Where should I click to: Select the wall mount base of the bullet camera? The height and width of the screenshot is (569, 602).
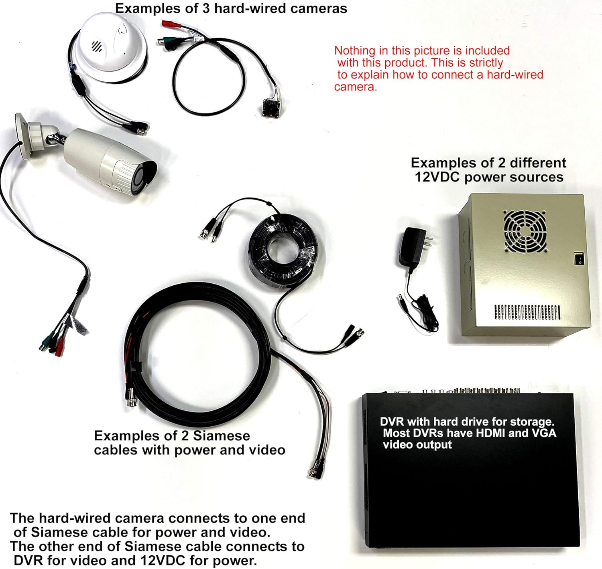coord(23,136)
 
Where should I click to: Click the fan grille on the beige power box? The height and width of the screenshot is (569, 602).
coord(525,231)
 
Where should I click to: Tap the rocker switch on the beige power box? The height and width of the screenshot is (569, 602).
coord(578,258)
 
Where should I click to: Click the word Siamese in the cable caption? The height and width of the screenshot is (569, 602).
coord(222,436)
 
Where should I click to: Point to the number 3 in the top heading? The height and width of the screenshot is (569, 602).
coord(206,8)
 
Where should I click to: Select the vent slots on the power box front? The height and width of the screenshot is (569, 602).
coord(527,312)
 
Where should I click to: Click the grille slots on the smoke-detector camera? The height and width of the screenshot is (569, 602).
coord(96,46)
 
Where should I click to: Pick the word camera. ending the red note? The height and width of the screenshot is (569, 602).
coord(356,87)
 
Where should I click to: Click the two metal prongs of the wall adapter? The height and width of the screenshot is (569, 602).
coord(429,242)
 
